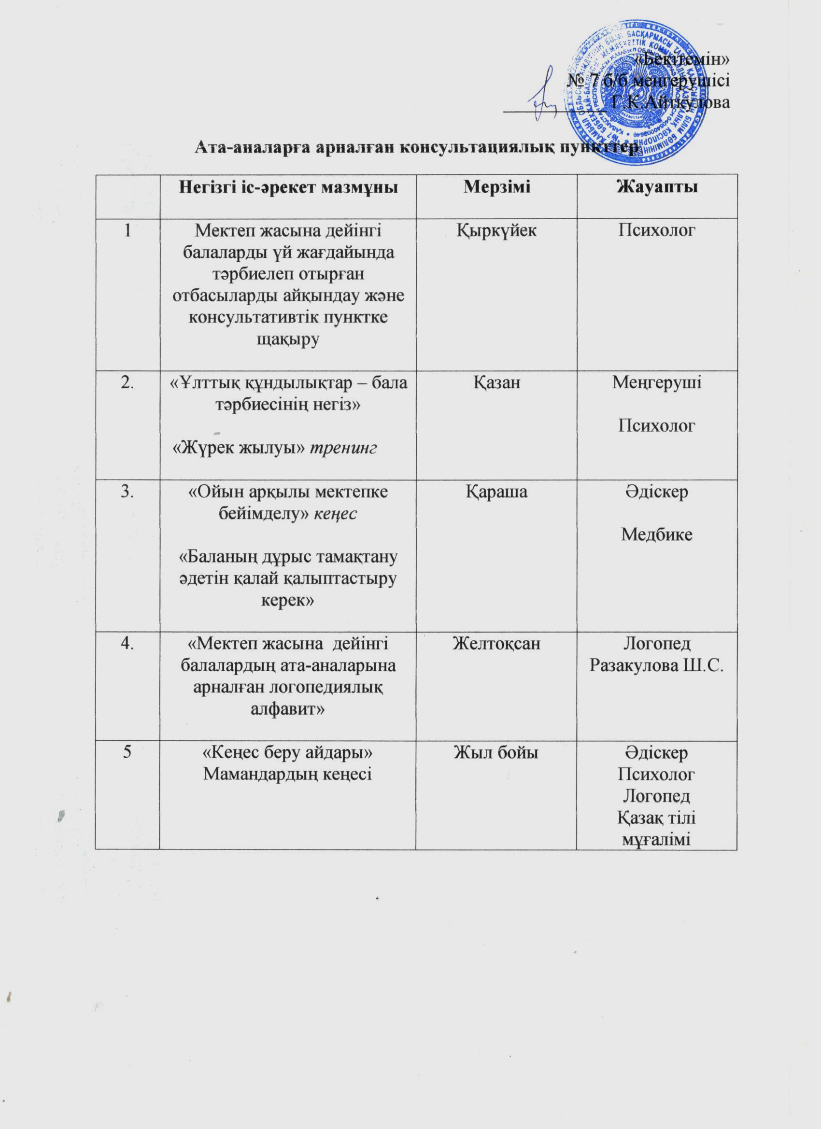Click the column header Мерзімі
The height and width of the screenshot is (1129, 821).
(496, 187)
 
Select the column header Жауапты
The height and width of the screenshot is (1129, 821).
(657, 187)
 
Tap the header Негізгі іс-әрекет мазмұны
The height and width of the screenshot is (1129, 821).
(288, 187)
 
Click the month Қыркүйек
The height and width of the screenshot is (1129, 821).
(496, 230)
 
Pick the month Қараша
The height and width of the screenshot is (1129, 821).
(496, 491)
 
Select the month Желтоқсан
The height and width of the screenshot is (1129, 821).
(496, 644)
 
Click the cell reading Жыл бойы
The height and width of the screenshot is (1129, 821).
(496, 752)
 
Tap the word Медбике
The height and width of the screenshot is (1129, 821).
(657, 535)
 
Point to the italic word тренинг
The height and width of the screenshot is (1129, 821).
(344, 448)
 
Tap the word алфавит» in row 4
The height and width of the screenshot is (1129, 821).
(288, 709)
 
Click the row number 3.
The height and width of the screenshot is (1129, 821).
(128, 491)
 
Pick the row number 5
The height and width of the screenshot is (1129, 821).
(128, 752)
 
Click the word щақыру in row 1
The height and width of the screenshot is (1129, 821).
(287, 339)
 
